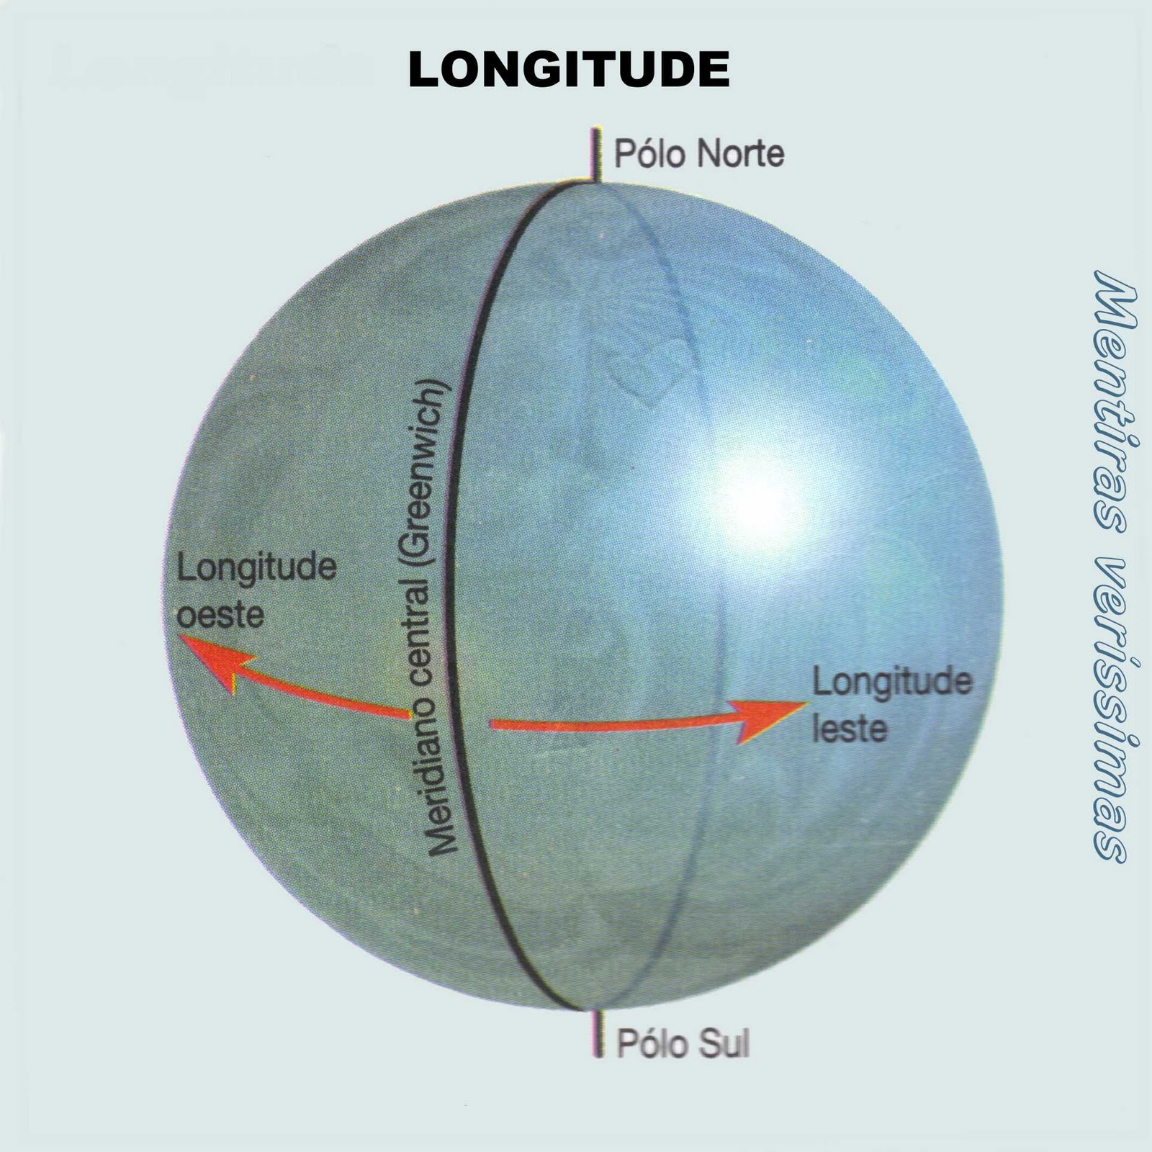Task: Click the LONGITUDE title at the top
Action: pos(569,71)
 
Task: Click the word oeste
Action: pos(220,616)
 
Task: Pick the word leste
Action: pos(850,729)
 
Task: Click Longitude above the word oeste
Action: pos(257,569)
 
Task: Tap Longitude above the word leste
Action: pos(892,682)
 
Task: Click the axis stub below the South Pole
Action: pos(597,1034)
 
